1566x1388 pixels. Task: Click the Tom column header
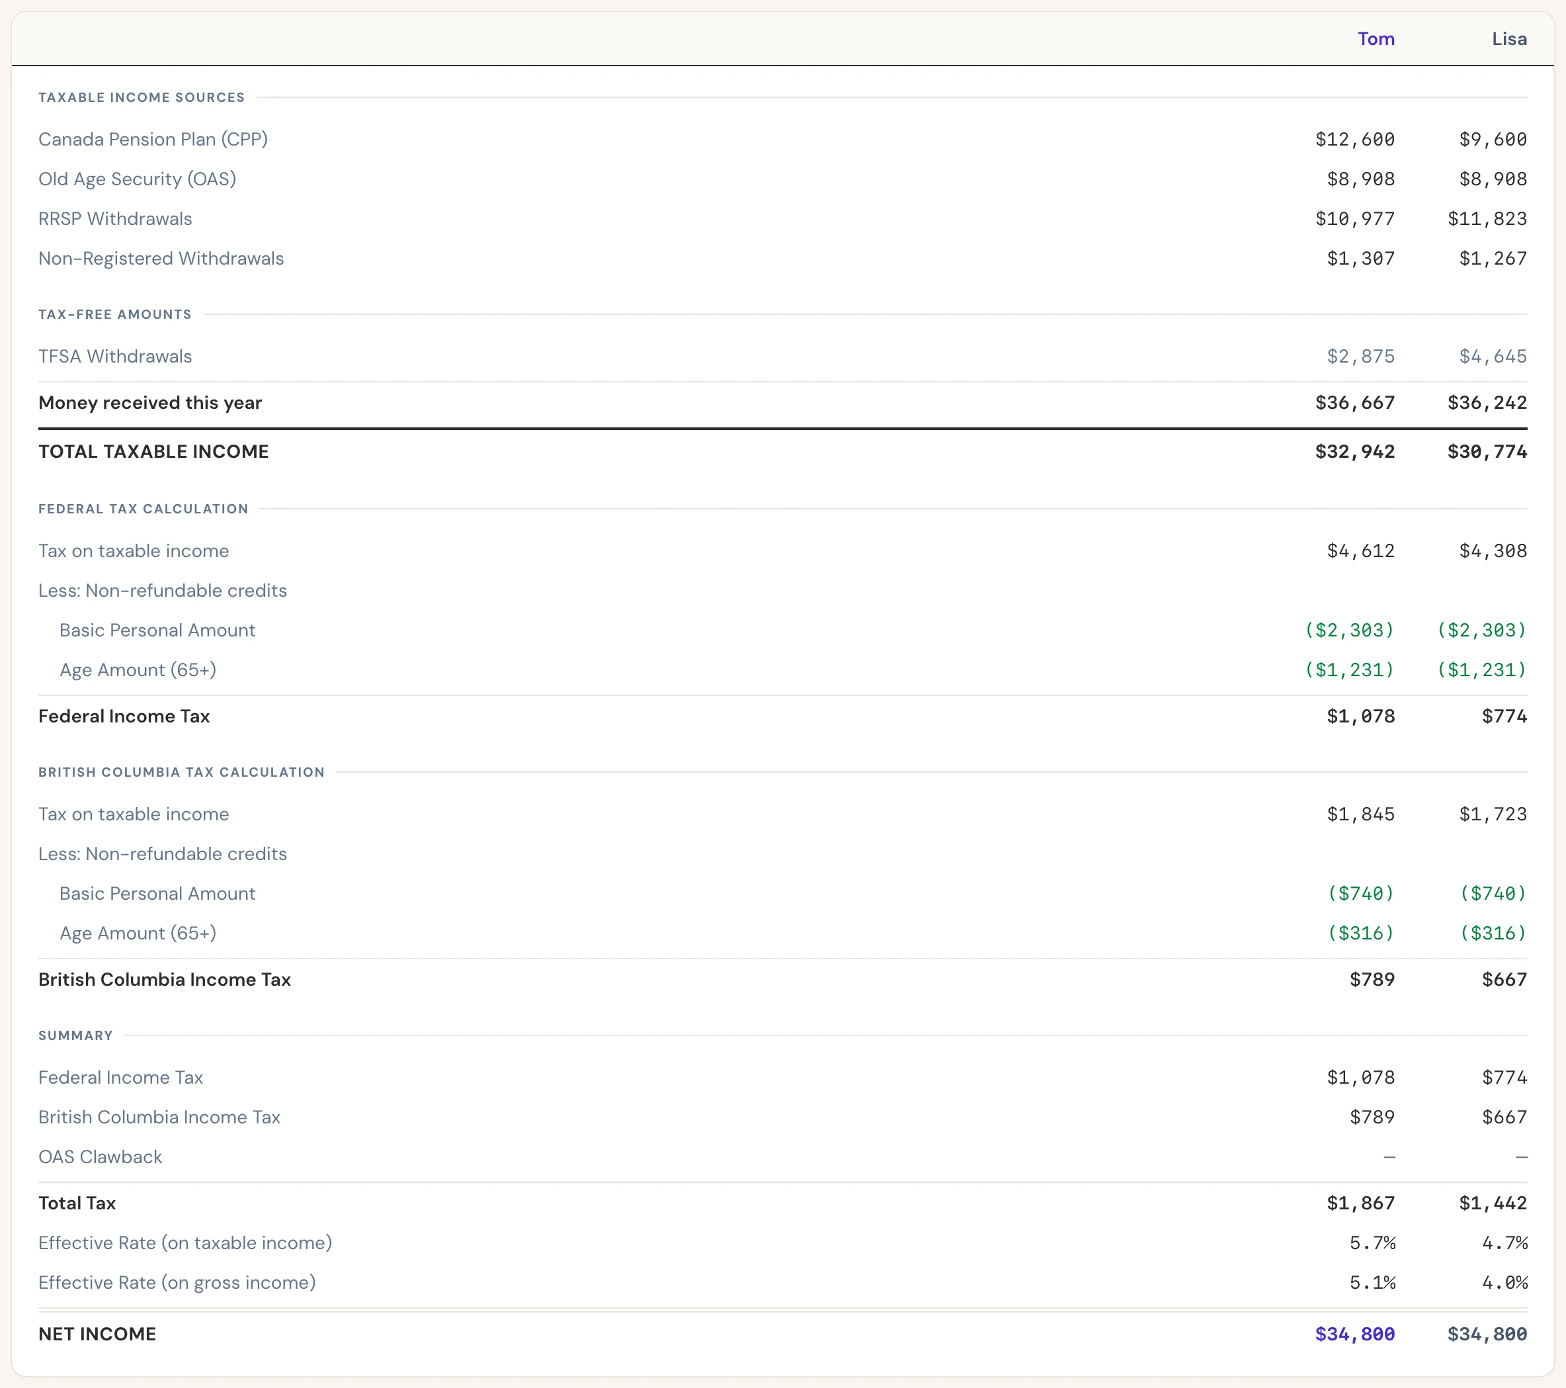click(x=1376, y=39)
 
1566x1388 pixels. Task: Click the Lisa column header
click(x=1509, y=39)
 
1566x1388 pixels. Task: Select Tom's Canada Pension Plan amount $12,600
click(x=1354, y=140)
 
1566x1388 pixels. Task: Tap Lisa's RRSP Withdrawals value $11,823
click(x=1487, y=219)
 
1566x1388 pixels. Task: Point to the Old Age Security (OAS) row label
click(x=137, y=179)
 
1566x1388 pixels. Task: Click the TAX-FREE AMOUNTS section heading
click(x=115, y=314)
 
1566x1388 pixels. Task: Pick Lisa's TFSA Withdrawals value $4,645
click(x=1493, y=357)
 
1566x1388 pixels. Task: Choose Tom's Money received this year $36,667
click(x=1354, y=403)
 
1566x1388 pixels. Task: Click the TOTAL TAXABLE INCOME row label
click(x=153, y=451)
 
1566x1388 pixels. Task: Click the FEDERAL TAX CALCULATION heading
click(x=144, y=509)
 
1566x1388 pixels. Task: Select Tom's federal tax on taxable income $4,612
click(x=1361, y=551)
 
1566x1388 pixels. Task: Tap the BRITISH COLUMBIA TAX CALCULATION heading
click(x=182, y=772)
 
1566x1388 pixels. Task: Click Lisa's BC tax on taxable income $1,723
click(x=1493, y=814)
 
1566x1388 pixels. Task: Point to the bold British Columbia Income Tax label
click(x=165, y=980)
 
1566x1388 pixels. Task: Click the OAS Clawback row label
click(x=101, y=1156)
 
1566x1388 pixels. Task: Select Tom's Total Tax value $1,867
click(x=1361, y=1203)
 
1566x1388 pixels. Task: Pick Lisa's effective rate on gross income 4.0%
click(x=1504, y=1283)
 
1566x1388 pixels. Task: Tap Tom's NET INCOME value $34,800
click(x=1354, y=1334)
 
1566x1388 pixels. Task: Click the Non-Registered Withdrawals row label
click(x=161, y=259)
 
